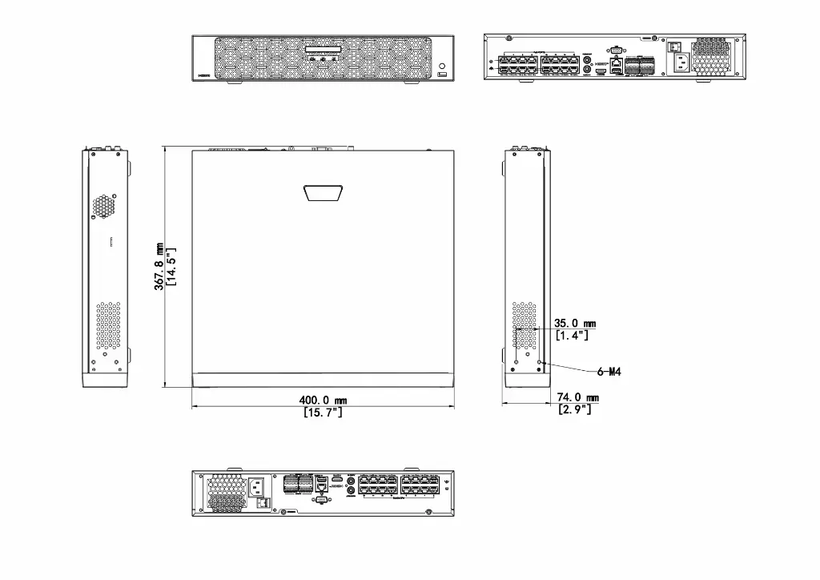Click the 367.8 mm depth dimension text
click(x=160, y=266)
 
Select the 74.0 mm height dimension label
click(x=578, y=397)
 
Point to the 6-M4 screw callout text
click(x=610, y=372)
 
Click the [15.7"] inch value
click(x=323, y=412)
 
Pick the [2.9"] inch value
click(x=575, y=409)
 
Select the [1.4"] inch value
click(x=572, y=336)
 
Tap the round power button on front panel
click(x=443, y=63)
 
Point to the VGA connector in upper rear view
click(x=615, y=50)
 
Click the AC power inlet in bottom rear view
click(x=258, y=485)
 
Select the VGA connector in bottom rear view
click(x=321, y=499)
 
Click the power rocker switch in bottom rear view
click(x=263, y=503)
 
